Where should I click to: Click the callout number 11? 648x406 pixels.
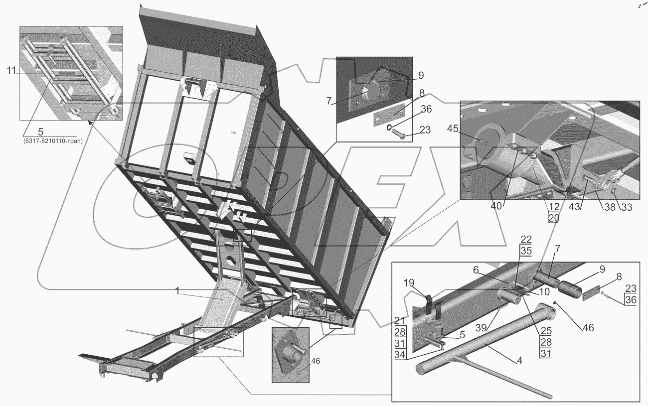point(11,71)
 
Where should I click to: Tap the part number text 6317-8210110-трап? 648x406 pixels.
point(53,141)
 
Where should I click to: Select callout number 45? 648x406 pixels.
point(453,129)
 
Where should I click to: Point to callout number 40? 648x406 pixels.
point(496,206)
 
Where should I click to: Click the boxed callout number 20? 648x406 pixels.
point(554,218)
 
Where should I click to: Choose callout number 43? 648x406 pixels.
point(575,206)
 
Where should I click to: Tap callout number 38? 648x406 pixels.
point(610,207)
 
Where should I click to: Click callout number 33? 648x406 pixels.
point(626,207)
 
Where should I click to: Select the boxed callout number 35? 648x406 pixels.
point(526,251)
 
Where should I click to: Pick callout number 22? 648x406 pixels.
point(526,240)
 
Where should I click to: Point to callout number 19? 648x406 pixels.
point(409,282)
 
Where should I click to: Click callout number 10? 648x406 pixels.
point(544,292)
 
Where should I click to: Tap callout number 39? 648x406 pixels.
point(482,328)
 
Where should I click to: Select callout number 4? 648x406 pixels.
point(519,361)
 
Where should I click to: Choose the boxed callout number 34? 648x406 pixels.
point(400,355)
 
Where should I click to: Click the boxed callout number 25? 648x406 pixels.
point(546,330)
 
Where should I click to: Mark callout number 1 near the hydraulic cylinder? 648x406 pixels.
point(178,290)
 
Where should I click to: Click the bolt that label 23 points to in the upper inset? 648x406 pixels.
point(398,135)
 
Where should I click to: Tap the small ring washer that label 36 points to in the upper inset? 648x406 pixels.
point(389,127)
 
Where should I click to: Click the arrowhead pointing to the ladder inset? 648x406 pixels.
point(90,124)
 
